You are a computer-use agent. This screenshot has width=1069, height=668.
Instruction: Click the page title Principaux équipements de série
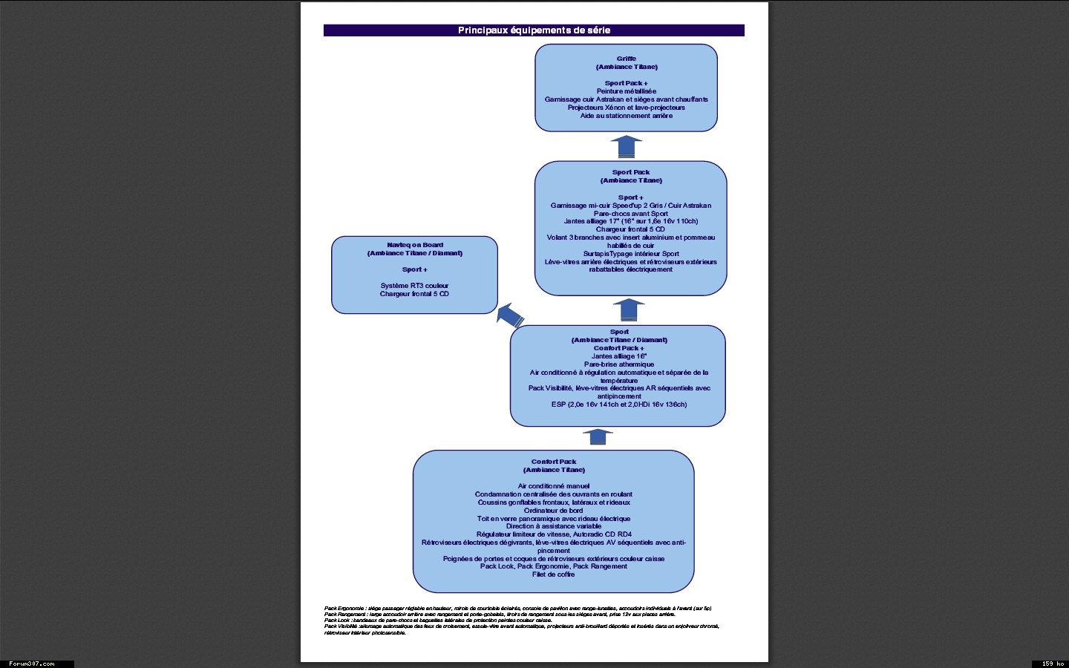[x=534, y=30]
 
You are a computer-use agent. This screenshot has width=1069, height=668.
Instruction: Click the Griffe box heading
[x=626, y=59]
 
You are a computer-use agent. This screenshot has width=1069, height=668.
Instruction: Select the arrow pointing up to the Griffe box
[x=626, y=146]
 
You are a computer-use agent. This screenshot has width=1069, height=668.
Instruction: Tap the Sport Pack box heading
[x=630, y=172]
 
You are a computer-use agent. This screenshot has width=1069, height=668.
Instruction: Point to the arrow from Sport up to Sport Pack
[x=629, y=310]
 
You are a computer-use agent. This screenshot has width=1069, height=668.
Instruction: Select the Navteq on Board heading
[x=414, y=245]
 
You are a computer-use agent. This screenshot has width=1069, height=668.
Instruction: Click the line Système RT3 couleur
[x=414, y=286]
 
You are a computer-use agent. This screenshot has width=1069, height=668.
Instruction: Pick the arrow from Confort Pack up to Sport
[x=597, y=437]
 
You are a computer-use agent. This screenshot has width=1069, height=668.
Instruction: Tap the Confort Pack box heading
[x=553, y=462]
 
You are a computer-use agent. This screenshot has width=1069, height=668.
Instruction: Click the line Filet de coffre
[x=553, y=574]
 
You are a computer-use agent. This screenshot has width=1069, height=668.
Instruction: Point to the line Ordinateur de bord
[x=553, y=511]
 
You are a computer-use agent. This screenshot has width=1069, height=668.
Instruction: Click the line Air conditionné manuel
[x=553, y=486]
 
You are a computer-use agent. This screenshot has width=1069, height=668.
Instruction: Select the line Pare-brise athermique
[x=619, y=364]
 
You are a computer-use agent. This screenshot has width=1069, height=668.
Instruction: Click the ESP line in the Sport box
[x=619, y=405]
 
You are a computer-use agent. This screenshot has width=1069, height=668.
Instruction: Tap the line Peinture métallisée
[x=626, y=91]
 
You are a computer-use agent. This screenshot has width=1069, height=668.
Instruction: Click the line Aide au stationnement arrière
[x=626, y=116]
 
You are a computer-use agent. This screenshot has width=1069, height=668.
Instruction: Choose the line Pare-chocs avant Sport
[x=630, y=214]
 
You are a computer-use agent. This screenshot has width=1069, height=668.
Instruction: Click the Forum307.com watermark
[x=31, y=664]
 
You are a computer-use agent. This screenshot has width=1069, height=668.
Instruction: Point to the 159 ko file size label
[x=1053, y=664]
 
